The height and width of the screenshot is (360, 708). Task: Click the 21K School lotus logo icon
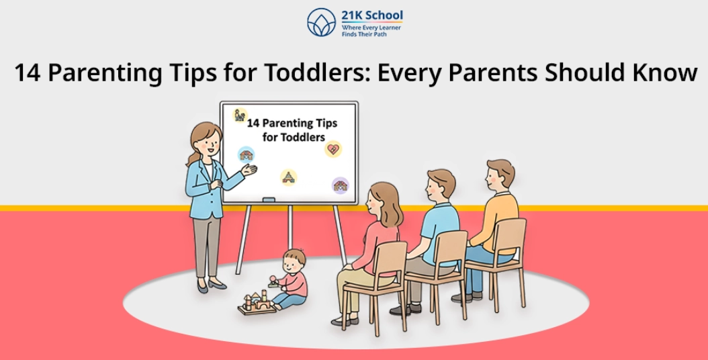pos(321,22)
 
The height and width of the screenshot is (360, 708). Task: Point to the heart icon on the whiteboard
pos(333,148)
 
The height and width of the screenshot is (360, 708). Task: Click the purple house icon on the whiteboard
pos(341,185)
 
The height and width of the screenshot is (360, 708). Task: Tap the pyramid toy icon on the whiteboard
pos(289,177)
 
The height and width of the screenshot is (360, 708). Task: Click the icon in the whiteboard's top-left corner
pos(240,115)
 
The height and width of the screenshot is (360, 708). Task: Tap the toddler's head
pos(294,259)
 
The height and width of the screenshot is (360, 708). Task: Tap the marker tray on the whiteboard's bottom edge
pos(268,199)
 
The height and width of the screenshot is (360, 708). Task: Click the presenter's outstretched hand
pos(249,171)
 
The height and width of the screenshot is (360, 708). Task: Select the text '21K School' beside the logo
pos(371,15)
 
